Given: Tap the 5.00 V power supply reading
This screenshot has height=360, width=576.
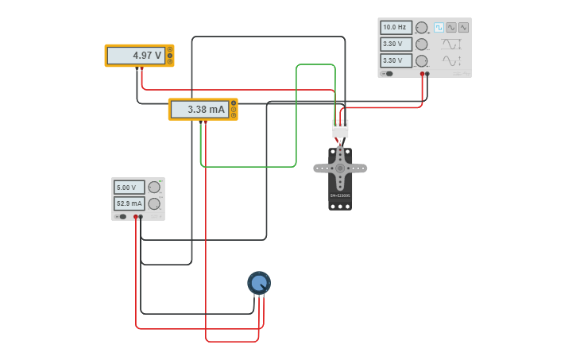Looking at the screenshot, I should (130, 188).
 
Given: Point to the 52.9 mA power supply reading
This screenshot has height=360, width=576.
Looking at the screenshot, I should (130, 203).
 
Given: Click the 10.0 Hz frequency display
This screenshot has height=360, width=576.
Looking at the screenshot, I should (396, 27).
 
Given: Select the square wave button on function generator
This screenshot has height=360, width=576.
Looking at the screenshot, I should (439, 27).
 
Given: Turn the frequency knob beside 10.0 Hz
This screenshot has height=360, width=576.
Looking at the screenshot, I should (421, 28).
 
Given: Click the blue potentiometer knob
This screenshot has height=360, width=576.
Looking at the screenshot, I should (259, 283).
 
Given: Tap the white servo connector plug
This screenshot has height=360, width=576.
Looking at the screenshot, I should (340, 128).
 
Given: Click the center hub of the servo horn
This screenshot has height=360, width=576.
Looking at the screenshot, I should (340, 168).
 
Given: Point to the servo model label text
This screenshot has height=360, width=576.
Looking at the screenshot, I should (340, 195).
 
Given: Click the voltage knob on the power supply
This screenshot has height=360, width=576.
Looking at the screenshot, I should (154, 188).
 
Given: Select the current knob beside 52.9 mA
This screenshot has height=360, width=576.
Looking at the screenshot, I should (154, 203).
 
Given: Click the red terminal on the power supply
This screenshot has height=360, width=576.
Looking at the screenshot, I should (136, 216).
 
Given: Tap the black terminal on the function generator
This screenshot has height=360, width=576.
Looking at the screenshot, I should (427, 74).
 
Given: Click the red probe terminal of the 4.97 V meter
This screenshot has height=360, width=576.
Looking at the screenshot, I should (142, 69).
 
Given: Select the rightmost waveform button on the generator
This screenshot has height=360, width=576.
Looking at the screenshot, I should (463, 27).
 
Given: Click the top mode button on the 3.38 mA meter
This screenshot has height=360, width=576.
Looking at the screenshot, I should (233, 103).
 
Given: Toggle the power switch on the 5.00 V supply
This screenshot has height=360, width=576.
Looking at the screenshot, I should (121, 216).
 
